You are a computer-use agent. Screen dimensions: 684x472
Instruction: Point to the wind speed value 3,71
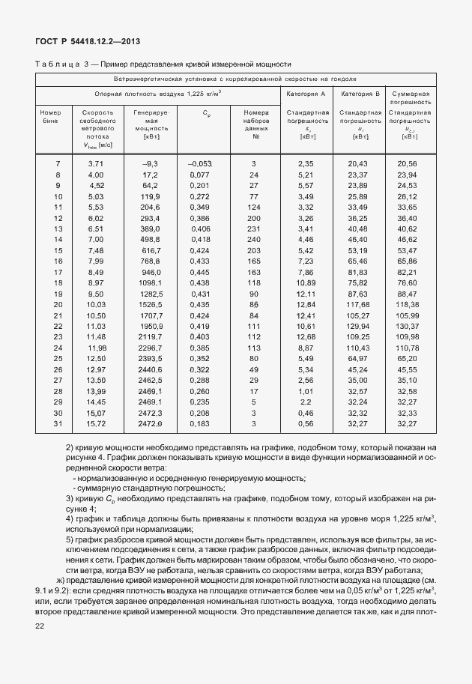click(x=95, y=163)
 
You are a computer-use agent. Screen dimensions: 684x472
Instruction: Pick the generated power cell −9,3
click(x=150, y=163)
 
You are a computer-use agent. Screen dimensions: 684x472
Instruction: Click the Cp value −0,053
click(x=200, y=163)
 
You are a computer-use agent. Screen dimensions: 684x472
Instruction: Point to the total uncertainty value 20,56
click(x=410, y=163)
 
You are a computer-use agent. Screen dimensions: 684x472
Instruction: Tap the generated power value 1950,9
click(x=149, y=326)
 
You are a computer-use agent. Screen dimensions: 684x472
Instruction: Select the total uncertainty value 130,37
click(x=410, y=326)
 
